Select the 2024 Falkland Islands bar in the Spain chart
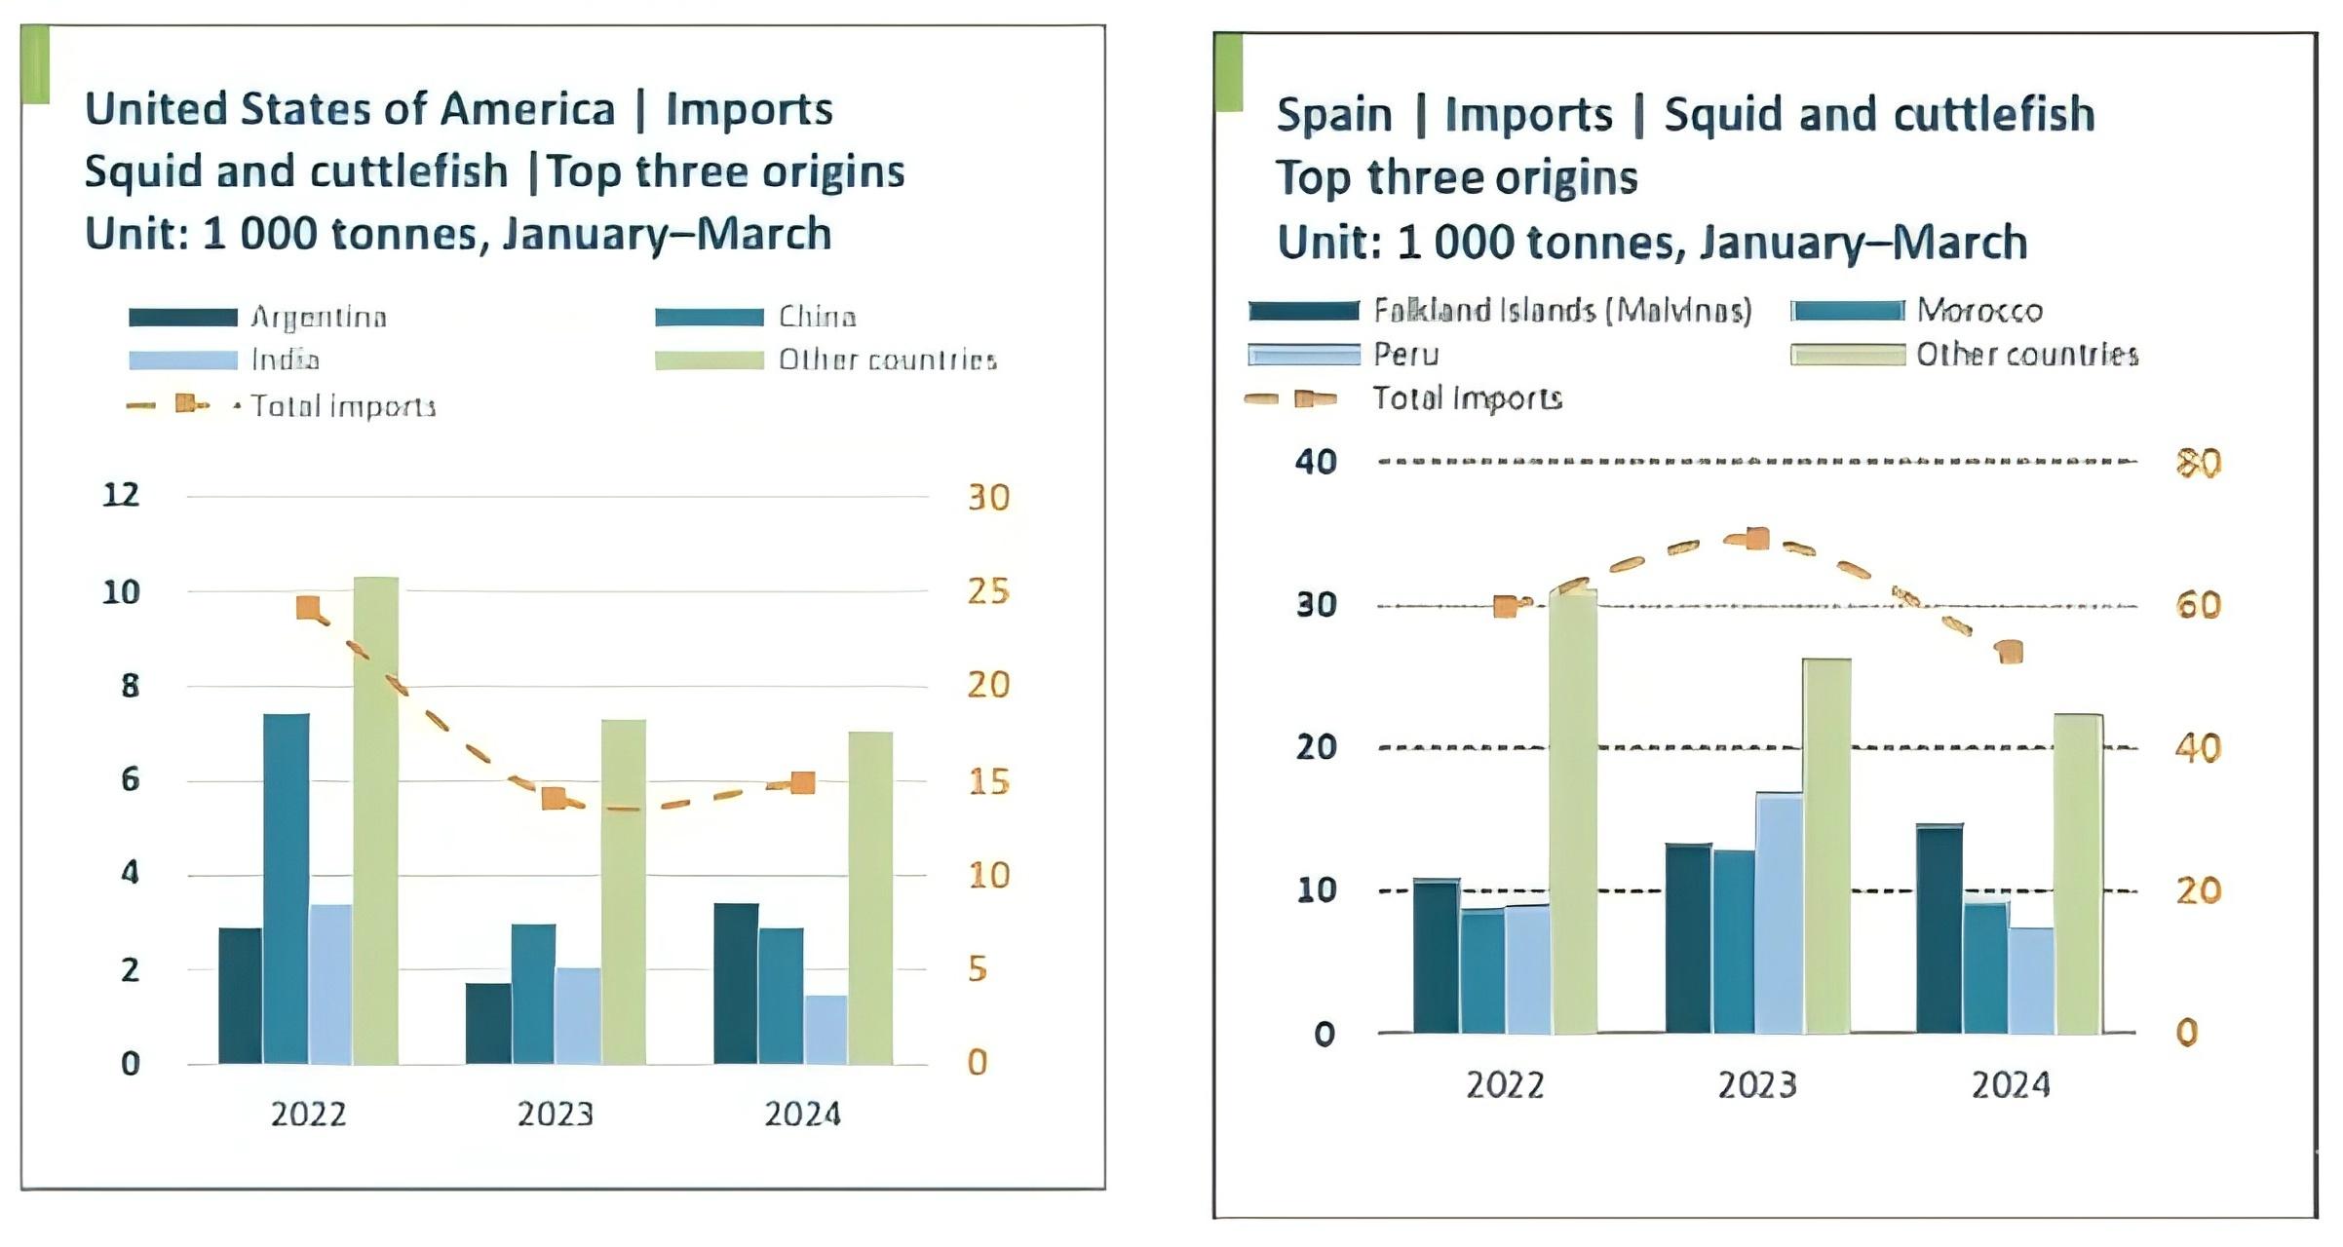point(1940,927)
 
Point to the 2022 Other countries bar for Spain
point(1573,811)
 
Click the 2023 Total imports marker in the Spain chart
point(1757,539)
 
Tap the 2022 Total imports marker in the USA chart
point(308,609)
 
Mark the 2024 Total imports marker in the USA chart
point(803,782)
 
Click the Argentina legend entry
point(318,317)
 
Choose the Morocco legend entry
point(1978,311)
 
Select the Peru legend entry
point(1405,354)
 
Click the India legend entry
point(285,359)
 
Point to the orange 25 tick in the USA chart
point(988,591)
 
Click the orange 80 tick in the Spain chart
point(2199,463)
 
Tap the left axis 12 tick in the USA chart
point(121,495)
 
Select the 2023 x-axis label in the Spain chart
point(1756,1085)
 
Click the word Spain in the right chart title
point(1333,115)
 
